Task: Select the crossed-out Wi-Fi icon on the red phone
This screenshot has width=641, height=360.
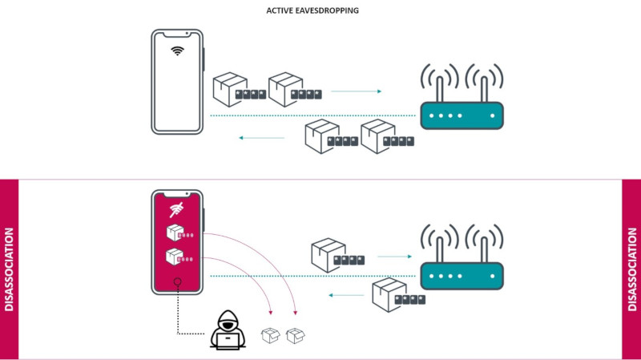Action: pos(177,211)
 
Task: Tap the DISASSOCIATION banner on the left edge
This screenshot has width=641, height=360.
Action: pos(9,269)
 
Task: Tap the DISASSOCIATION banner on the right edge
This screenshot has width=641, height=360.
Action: pos(631,269)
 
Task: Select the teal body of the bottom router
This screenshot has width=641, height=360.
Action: pos(462,275)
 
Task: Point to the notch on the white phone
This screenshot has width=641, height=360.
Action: pos(177,34)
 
